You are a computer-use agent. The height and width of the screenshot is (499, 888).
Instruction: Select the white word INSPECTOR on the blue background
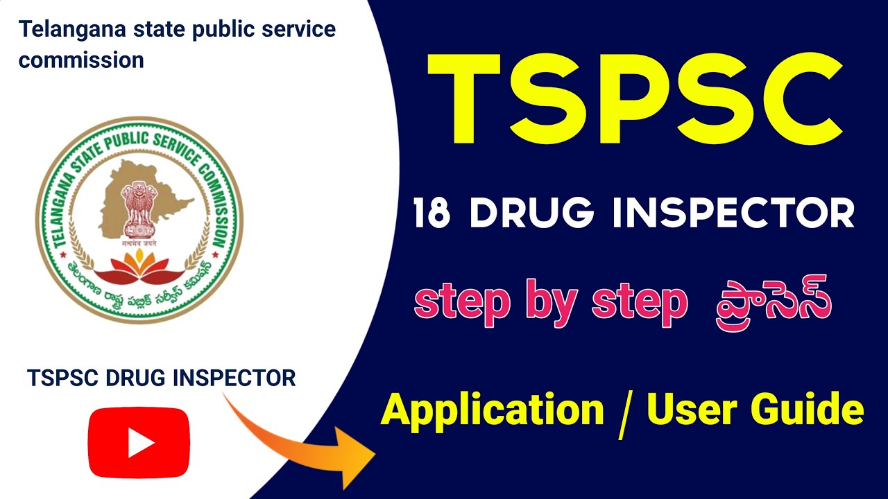(x=733, y=213)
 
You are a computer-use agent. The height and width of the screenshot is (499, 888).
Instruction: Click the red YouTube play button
(x=139, y=442)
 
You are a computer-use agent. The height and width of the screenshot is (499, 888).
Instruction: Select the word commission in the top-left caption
(x=81, y=60)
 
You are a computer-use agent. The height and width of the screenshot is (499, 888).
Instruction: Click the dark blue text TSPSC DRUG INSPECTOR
(x=162, y=378)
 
